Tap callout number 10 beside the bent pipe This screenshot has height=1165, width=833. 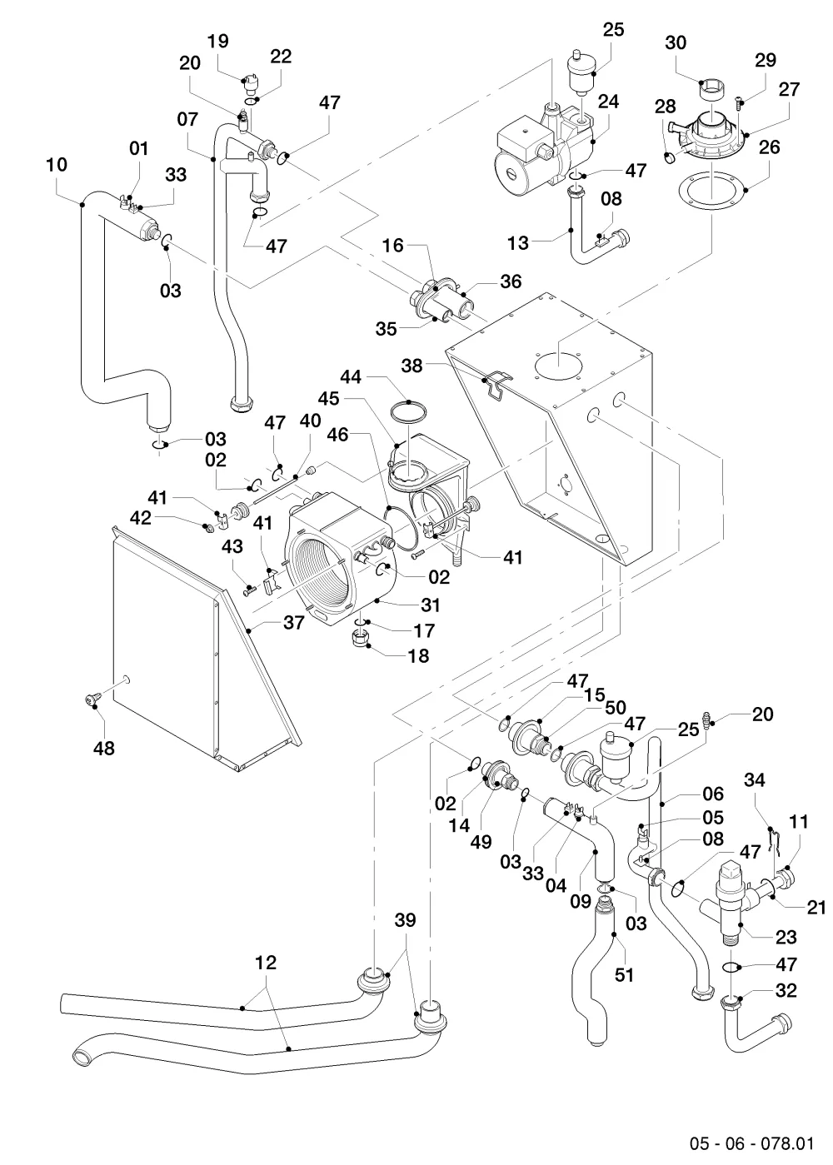[x=57, y=165]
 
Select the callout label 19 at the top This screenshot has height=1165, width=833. [x=218, y=41]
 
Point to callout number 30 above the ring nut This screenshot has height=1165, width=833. [x=676, y=42]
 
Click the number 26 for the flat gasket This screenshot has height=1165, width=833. [x=770, y=147]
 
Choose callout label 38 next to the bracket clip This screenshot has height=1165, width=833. [x=412, y=366]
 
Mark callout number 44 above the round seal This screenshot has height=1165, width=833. [x=350, y=376]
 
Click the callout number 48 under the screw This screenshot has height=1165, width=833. [x=104, y=748]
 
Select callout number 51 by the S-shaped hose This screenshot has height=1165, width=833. [x=624, y=975]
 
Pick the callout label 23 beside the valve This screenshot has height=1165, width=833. [x=786, y=937]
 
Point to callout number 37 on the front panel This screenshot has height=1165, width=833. [x=294, y=622]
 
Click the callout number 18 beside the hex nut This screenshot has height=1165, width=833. [x=419, y=656]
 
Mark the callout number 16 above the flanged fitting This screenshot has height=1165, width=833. [x=393, y=245]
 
